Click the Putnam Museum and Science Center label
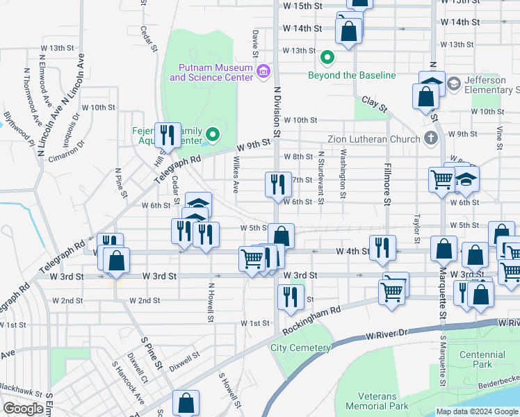pos(211,72)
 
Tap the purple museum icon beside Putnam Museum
pos(263,72)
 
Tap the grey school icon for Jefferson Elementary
pos(453,83)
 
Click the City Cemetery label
pos(300,347)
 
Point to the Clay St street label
pos(374,104)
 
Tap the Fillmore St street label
pos(387,184)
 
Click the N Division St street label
pos(277,112)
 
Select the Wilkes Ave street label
pos(235,178)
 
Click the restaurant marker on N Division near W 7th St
pos(277,184)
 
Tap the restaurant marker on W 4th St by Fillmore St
pos(382,247)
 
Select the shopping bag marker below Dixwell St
pos(186,402)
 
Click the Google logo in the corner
pos(23,409)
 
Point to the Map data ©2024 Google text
pos(476,411)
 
